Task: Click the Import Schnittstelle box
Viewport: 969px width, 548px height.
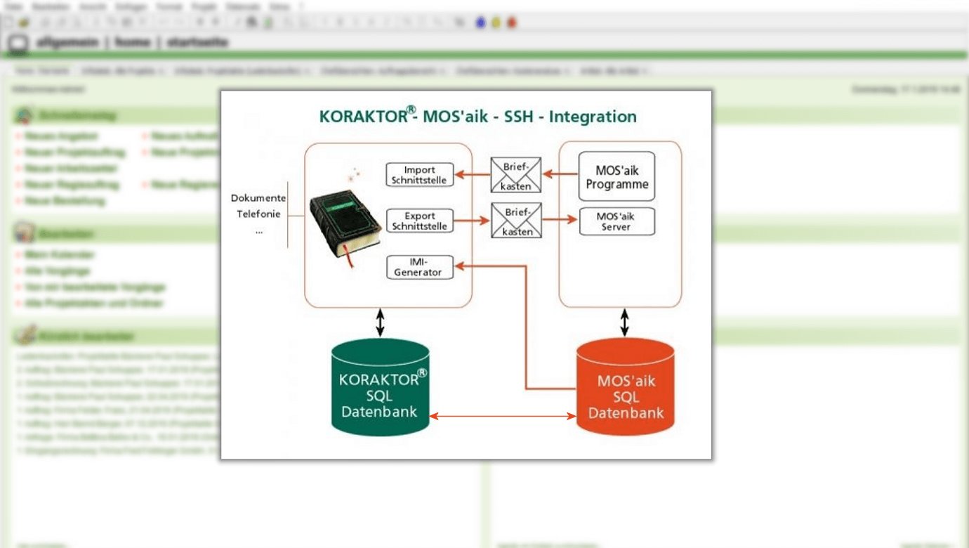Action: coord(420,175)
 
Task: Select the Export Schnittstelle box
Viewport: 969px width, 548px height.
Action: coord(420,221)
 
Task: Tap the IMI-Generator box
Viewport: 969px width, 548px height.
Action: coord(420,267)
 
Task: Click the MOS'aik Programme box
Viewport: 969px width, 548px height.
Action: coord(617,176)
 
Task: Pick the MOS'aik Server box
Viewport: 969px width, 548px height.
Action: coord(617,221)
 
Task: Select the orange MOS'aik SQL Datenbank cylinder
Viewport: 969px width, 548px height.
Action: coord(625,390)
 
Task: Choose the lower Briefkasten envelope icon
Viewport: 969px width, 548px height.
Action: coord(516,221)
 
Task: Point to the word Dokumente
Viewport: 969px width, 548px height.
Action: coord(258,198)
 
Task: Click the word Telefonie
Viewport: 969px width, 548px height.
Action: coord(258,214)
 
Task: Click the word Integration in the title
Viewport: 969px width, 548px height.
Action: coord(593,117)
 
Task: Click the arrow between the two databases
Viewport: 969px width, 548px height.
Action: coord(502,416)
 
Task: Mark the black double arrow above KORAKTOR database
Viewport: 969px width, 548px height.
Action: coord(380,322)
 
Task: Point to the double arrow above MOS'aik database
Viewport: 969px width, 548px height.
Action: coord(624,322)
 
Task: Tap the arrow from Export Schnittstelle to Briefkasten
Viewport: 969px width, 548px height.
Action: coord(472,221)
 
